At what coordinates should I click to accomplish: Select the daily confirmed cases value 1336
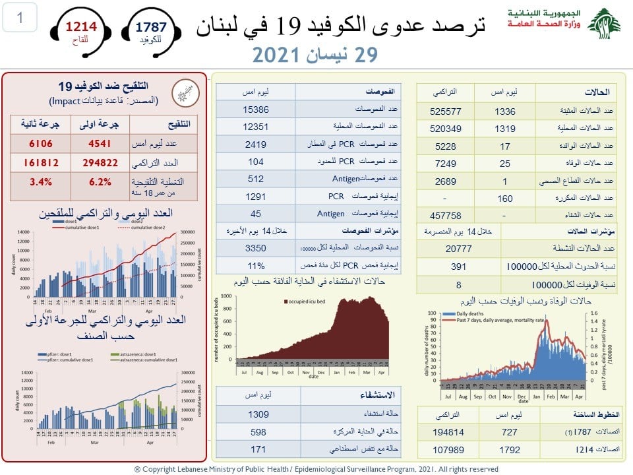point(504,111)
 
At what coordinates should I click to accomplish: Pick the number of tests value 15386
point(254,110)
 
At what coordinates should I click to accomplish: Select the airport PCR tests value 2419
point(254,144)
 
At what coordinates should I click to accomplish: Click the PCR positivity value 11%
point(254,266)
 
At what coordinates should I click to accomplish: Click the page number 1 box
point(19,18)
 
